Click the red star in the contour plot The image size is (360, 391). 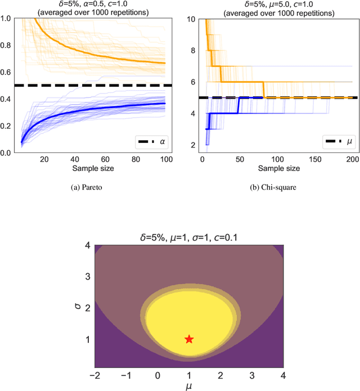189,339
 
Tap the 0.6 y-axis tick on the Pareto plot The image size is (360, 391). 8,72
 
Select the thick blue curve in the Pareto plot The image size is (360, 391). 84,114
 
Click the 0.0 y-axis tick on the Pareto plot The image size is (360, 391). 8,153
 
